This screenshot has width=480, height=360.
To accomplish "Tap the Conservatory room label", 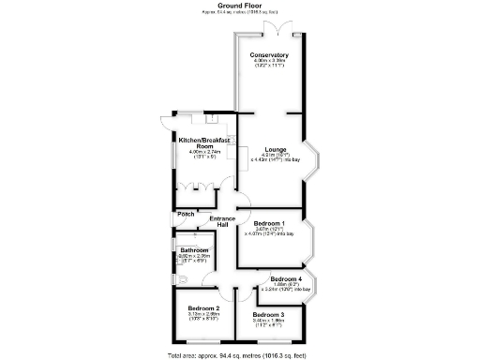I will (x=269, y=56).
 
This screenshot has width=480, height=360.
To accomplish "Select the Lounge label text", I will (x=275, y=149).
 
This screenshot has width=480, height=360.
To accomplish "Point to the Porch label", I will (x=184, y=215).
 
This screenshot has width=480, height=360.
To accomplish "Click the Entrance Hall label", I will (x=223, y=222).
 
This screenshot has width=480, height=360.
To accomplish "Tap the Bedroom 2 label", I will (x=203, y=309).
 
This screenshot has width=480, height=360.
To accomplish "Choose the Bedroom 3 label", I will (x=269, y=315).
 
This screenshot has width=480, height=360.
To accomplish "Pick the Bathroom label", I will (x=194, y=250).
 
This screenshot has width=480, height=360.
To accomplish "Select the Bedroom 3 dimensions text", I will (x=269, y=322).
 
